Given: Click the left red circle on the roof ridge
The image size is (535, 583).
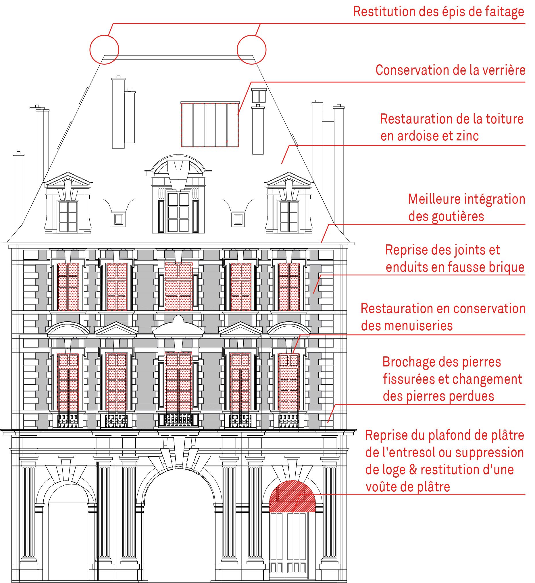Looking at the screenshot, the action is pos(90,49).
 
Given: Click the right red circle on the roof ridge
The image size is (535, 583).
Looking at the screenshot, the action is pos(237,49).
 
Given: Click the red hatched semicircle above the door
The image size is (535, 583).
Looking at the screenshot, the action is pos(292,497).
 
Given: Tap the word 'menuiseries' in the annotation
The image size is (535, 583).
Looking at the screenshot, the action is pos(407,326).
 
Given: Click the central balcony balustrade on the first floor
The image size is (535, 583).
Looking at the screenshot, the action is pos(178,420).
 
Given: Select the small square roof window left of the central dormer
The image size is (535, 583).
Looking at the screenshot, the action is pos(118,219).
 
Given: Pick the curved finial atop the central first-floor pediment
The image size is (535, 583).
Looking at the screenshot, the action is pos(178,319).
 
